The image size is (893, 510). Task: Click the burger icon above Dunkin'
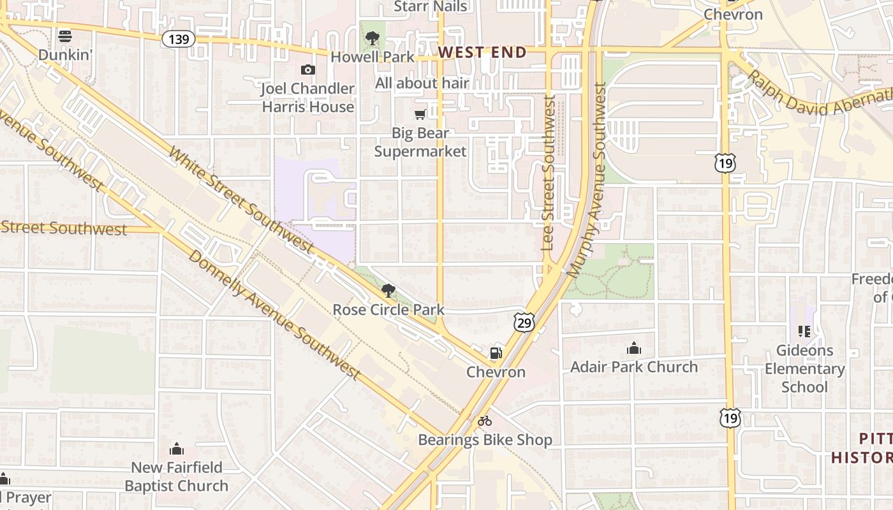[64, 36]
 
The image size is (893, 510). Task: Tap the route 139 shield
[178, 39]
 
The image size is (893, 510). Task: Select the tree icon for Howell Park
[373, 39]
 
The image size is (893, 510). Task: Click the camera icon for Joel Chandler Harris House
[308, 69]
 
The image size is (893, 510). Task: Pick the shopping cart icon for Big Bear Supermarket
[420, 115]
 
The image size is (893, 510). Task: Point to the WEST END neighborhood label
[483, 52]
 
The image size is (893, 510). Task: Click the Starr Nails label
[431, 6]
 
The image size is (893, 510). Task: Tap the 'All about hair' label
[422, 83]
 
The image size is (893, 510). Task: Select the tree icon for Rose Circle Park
[388, 291]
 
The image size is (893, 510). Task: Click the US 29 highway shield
[524, 322]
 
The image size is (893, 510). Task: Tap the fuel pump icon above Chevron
[496, 353]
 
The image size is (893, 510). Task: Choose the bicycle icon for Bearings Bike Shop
[485, 421]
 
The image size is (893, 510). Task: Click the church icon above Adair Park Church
[633, 348]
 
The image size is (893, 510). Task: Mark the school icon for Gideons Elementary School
[804, 331]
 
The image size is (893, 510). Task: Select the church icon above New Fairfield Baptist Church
[177, 449]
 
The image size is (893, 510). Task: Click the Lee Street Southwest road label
[548, 172]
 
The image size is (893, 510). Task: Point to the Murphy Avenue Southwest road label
[587, 182]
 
